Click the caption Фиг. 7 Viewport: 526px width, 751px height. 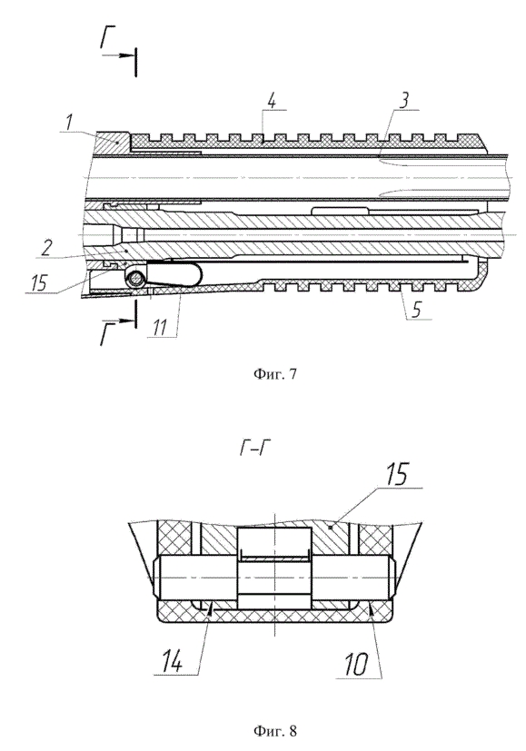pos(274,374)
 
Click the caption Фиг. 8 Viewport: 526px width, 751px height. pos(274,731)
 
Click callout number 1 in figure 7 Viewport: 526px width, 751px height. pos(70,123)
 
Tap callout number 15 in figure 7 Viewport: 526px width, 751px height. pos(37,282)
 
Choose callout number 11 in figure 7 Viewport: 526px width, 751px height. pos(160,329)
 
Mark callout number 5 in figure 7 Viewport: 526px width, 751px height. pos(417,310)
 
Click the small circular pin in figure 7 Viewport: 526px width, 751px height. pos(136,277)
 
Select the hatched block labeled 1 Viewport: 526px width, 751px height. pos(114,143)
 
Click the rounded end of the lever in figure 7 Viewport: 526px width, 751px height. pos(195,273)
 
